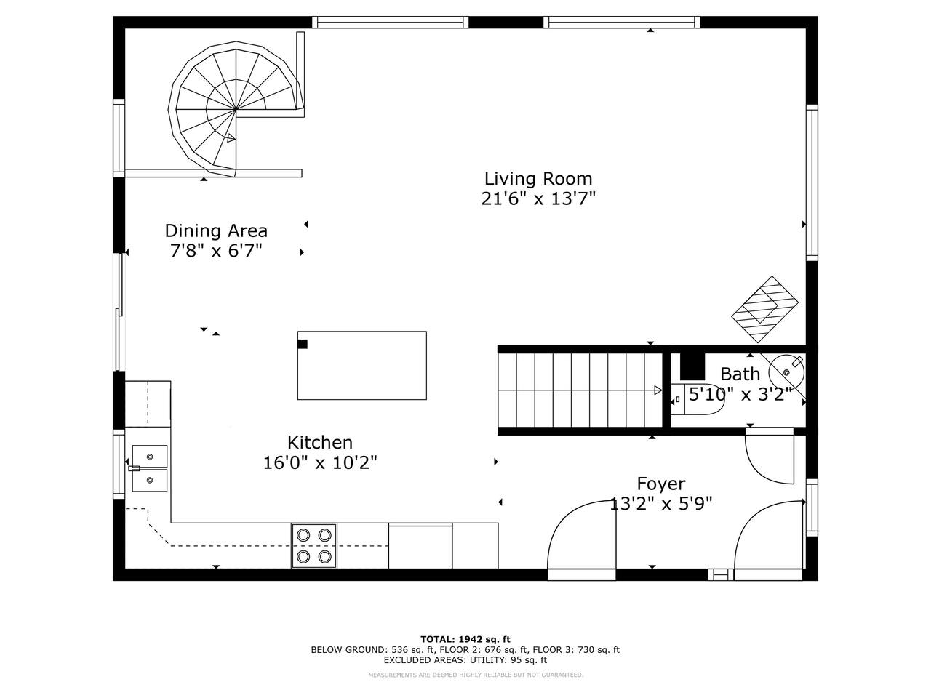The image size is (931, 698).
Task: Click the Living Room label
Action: [538, 179]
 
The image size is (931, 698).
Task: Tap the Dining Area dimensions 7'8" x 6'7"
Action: [216, 251]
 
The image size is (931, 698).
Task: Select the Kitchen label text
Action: [320, 443]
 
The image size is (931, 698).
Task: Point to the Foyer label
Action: [661, 484]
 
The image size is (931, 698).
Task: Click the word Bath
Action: [740, 374]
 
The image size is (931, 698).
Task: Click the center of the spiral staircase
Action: [236, 109]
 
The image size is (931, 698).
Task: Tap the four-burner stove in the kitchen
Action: [314, 546]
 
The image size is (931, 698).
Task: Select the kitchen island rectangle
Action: [361, 365]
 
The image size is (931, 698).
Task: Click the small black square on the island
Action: [303, 344]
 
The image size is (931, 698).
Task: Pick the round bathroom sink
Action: [787, 372]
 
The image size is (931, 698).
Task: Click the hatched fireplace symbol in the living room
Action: [764, 310]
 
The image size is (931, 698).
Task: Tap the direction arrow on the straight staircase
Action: [658, 390]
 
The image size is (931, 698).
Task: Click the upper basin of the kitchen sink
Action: [150, 457]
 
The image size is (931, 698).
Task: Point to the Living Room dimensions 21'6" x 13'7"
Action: [538, 198]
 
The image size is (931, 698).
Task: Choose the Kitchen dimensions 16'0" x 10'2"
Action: [320, 462]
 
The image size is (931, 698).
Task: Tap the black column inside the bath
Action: [692, 367]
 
